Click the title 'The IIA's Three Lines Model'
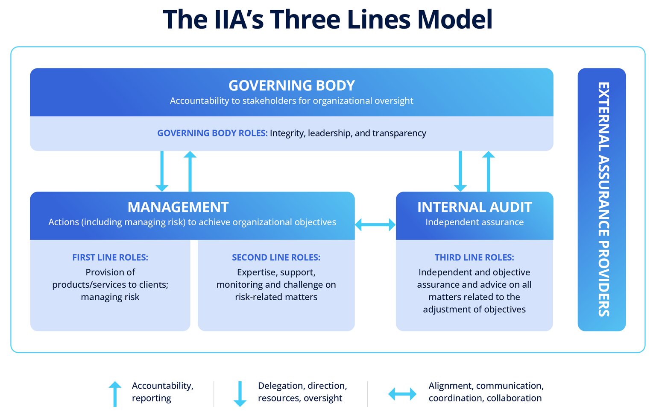tap(328, 20)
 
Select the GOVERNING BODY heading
tap(292, 86)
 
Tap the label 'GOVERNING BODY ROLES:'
tap(212, 133)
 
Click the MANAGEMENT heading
tap(178, 207)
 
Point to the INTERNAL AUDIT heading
tap(474, 207)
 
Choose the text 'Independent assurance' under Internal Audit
tap(474, 222)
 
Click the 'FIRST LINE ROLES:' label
tap(110, 257)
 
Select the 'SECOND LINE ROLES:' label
tap(276, 257)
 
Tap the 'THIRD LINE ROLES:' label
tap(474, 257)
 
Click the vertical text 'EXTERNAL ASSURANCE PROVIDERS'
tap(603, 199)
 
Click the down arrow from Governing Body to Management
tap(162, 171)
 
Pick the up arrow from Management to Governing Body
tap(190, 171)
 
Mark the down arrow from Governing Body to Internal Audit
tap(460, 171)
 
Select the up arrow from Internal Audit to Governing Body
tap(488, 171)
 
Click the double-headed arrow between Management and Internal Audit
tap(375, 224)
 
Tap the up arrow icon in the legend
tap(115, 393)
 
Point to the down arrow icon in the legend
tap(240, 393)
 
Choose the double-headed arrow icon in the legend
tap(402, 394)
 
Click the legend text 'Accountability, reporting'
tap(162, 392)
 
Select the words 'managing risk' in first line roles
tap(110, 297)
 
